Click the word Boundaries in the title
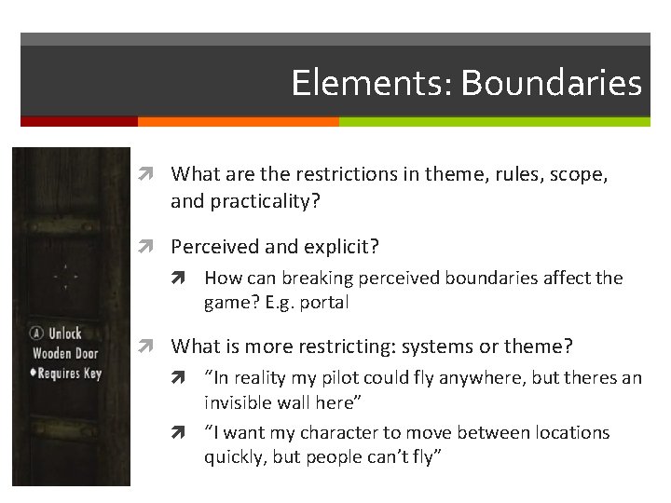[x=551, y=83]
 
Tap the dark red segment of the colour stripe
[x=79, y=121]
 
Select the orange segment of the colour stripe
[x=238, y=121]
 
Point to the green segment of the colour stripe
[x=494, y=121]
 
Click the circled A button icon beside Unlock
[x=36, y=333]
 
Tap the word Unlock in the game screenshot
[x=64, y=333]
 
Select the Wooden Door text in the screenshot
[x=65, y=353]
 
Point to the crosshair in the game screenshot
[x=65, y=277]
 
